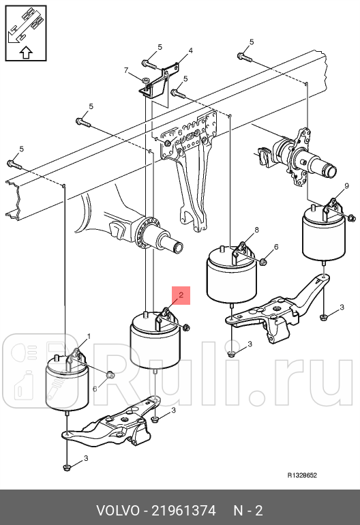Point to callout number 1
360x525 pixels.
(88, 335)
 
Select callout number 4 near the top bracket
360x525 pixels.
(190, 50)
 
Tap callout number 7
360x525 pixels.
(126, 70)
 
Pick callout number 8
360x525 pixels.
(256, 230)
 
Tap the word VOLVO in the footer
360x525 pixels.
(117, 511)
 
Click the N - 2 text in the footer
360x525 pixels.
(248, 511)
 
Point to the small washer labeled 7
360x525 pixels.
(145, 80)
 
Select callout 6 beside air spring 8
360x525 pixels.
(276, 247)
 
